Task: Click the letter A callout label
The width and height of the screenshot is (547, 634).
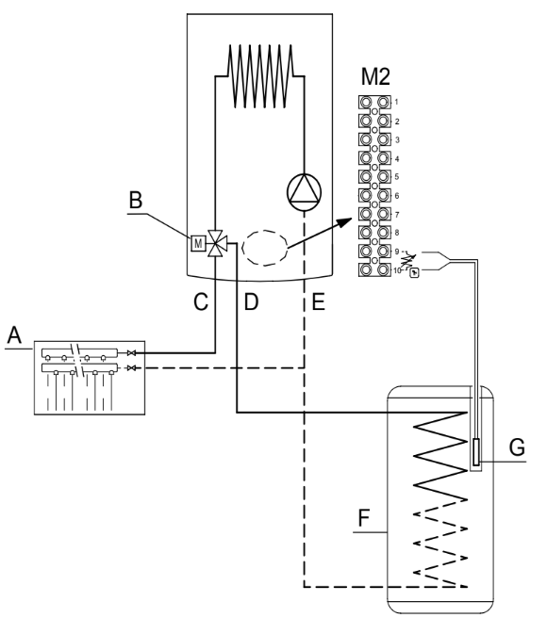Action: (x=14, y=334)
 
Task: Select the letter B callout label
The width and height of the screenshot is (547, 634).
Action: (x=136, y=200)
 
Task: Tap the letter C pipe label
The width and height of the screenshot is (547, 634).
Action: (x=201, y=301)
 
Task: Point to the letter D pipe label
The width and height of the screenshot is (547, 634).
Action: (x=251, y=301)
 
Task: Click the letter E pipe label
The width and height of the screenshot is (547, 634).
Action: (x=319, y=301)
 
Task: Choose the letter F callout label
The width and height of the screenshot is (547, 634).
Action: (x=364, y=517)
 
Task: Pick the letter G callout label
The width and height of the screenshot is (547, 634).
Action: (x=517, y=447)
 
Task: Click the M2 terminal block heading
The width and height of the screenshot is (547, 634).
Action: (x=375, y=76)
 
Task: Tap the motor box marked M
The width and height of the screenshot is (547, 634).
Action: (x=198, y=243)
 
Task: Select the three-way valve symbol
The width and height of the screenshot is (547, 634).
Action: (x=215, y=243)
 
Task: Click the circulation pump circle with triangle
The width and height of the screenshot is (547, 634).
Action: (x=304, y=192)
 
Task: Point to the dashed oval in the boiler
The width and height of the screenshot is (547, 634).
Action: (x=265, y=248)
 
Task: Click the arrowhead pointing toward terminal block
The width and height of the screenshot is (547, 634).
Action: (x=345, y=222)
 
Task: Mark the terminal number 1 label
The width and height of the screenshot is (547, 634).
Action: (x=396, y=102)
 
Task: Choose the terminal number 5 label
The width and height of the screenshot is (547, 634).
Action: (x=397, y=177)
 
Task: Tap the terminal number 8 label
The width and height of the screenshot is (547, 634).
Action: (x=397, y=233)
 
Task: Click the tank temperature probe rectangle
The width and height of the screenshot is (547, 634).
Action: (x=476, y=451)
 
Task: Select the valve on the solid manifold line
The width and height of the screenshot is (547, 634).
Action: (x=131, y=353)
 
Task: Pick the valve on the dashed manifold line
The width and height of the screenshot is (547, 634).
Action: (x=131, y=368)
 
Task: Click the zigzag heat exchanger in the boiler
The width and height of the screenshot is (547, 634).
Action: (x=260, y=76)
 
